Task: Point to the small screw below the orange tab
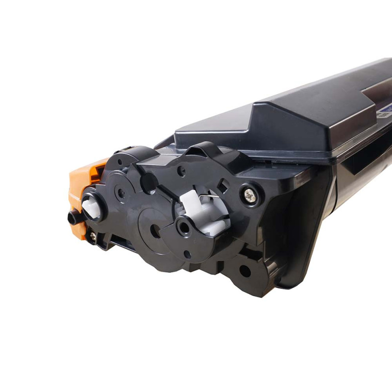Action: (93, 236)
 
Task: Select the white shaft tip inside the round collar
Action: (91, 208)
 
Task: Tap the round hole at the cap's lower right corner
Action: (245, 270)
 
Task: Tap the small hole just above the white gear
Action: (182, 171)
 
